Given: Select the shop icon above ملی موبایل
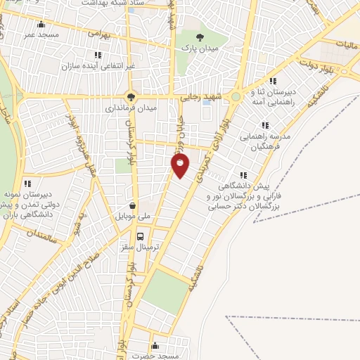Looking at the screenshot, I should (x=131, y=205).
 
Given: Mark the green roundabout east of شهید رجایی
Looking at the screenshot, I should (x=236, y=97).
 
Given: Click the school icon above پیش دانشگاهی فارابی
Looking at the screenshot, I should (x=243, y=175).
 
